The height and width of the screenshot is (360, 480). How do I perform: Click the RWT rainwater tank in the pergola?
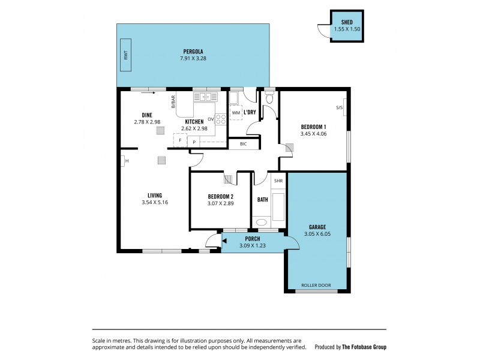127,56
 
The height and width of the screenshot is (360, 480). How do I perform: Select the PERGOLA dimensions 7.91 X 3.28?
192,58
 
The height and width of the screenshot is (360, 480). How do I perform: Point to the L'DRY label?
250,112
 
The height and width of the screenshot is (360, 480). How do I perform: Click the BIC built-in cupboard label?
243,143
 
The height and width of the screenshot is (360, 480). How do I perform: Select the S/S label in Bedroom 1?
340,108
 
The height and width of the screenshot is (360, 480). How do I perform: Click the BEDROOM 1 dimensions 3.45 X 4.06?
313,134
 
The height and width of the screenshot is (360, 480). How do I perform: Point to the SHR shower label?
278,181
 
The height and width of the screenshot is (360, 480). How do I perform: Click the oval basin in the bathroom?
262,223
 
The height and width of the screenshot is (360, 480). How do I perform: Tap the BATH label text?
262,200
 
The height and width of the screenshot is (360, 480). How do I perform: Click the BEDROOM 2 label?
220,196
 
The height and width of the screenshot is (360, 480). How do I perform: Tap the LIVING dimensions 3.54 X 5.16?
155,202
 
